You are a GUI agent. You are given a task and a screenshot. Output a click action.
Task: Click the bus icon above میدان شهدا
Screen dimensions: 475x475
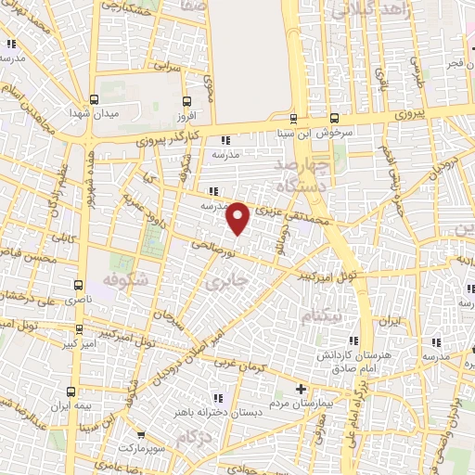(94, 97)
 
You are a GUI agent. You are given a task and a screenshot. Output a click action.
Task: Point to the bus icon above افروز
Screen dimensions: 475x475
(186, 101)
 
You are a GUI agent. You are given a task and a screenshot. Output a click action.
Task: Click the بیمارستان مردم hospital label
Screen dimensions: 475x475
(299, 405)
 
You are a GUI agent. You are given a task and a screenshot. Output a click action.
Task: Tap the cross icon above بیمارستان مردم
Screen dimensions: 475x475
(300, 389)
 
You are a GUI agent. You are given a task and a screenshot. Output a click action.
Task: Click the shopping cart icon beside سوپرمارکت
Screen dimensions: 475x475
(140, 434)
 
